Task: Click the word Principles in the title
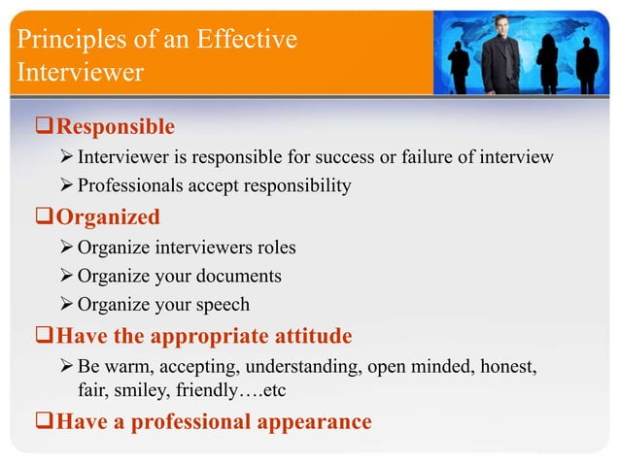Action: point(61,40)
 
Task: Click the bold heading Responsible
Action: point(116,127)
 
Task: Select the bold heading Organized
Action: point(108,216)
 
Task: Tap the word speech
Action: point(221,305)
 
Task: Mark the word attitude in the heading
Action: point(310,337)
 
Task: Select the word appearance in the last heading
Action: point(311,422)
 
